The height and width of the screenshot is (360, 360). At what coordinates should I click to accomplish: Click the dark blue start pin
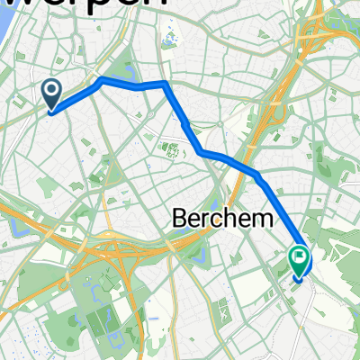[x=51, y=93]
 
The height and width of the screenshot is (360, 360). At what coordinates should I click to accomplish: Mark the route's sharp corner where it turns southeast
[x=165, y=84]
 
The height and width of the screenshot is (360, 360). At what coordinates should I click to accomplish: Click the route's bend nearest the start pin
[x=101, y=80]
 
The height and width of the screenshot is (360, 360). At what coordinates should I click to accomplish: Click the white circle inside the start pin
[x=51, y=88]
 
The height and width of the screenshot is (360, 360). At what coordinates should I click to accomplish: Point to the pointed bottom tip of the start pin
[x=51, y=112]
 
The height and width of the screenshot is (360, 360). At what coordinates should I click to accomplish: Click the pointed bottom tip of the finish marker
[x=299, y=282]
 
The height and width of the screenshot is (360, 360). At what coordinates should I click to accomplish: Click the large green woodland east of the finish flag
[x=337, y=243]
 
